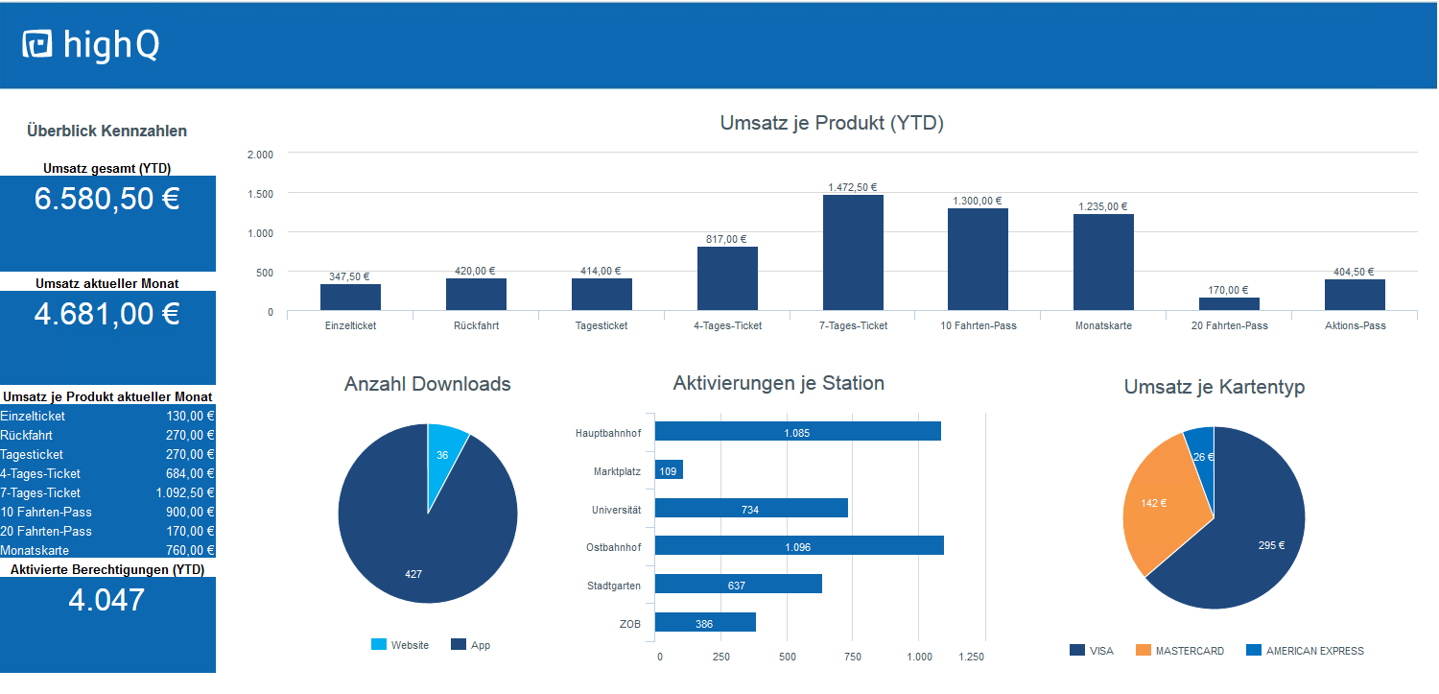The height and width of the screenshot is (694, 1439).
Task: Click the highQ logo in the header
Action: [x=90, y=45]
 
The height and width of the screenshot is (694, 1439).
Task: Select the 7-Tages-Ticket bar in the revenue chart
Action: [x=853, y=253]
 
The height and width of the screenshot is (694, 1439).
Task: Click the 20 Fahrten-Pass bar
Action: [x=1229, y=304]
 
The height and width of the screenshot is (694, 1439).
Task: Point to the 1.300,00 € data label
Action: [x=977, y=201]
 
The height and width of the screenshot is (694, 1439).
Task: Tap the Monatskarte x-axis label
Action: [x=1103, y=325]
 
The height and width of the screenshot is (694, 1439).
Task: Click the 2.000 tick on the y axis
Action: [x=260, y=155]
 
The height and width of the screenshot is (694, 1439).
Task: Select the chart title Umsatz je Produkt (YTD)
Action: [x=832, y=123]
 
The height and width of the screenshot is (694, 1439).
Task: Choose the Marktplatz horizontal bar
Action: [x=669, y=470]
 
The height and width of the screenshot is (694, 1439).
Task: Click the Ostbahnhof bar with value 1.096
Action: [x=799, y=546]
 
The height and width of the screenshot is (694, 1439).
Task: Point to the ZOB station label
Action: [x=629, y=624]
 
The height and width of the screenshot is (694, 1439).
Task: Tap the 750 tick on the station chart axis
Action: [x=852, y=658]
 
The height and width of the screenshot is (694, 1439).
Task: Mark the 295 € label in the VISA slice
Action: [x=1271, y=545]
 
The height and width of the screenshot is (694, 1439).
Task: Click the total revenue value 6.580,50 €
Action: [x=107, y=199]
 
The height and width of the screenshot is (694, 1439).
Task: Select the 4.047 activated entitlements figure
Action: [x=106, y=600]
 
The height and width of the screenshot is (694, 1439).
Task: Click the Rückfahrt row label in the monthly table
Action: [x=27, y=435]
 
